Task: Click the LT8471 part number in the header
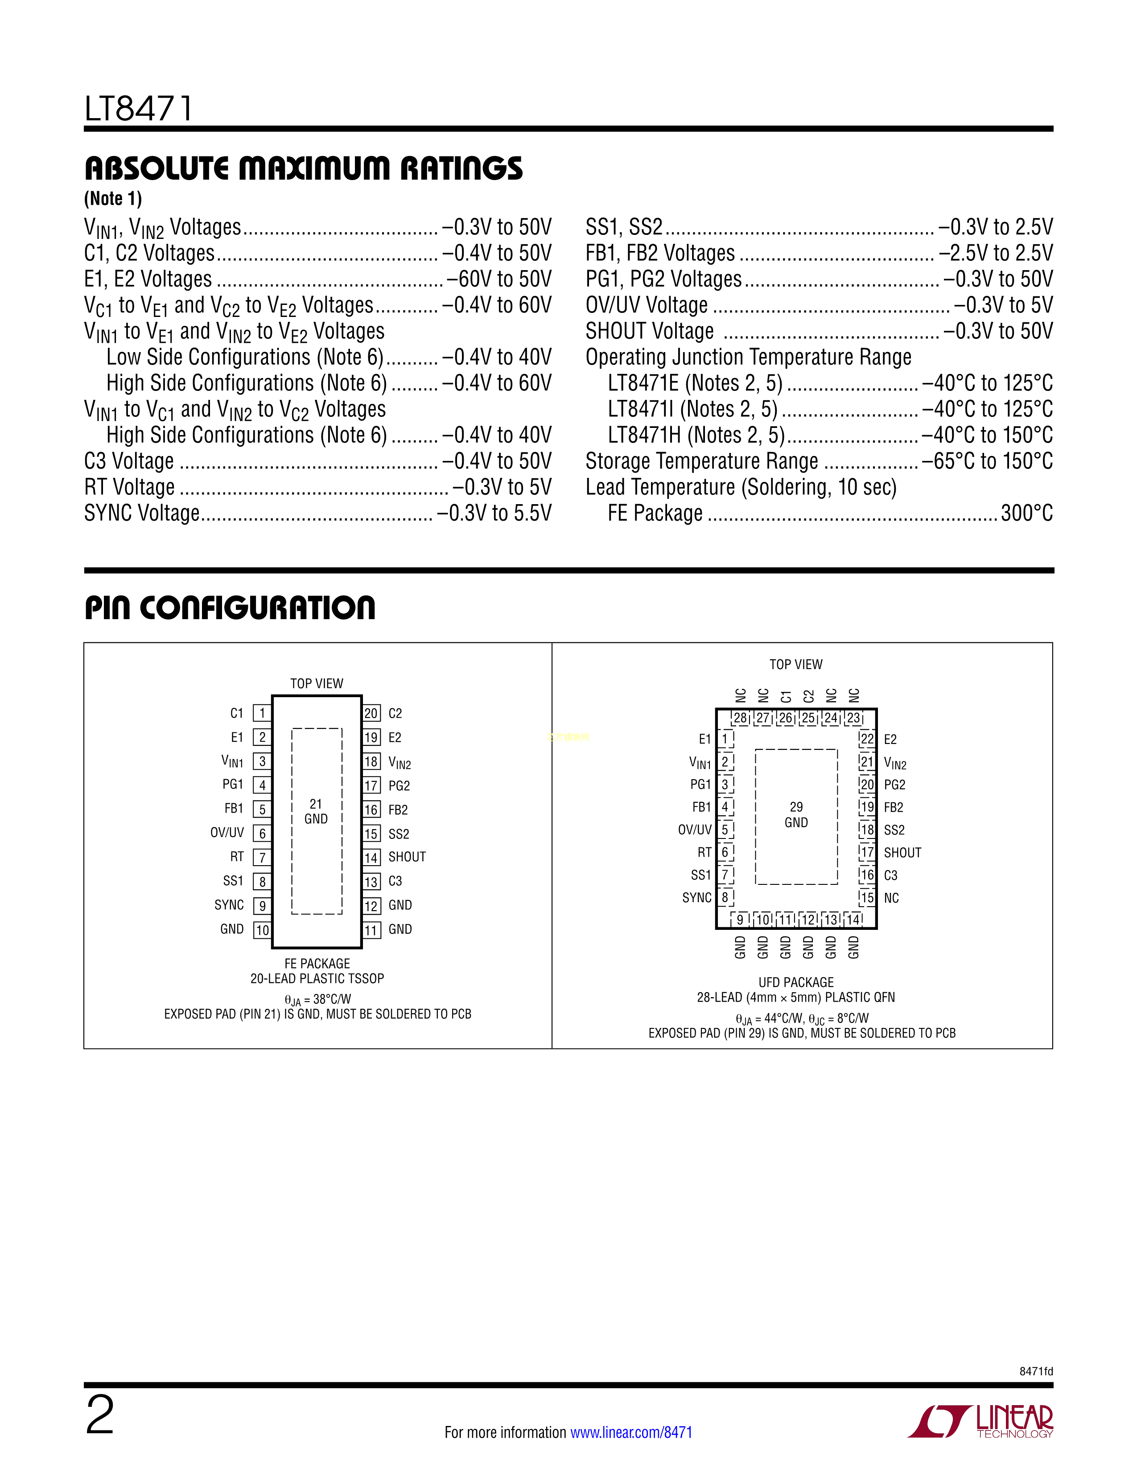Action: pyautogui.click(x=139, y=108)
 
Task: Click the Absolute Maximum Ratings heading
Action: pyautogui.click(x=303, y=168)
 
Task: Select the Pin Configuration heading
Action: pyautogui.click(x=230, y=608)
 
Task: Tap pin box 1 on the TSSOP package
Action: pyautogui.click(x=262, y=713)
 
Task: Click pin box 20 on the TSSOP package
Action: pyautogui.click(x=371, y=713)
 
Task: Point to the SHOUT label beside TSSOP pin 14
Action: pyautogui.click(x=407, y=857)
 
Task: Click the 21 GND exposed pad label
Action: pyautogui.click(x=316, y=812)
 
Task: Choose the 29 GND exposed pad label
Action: pyautogui.click(x=796, y=815)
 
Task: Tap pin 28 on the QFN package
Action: pyautogui.click(x=740, y=718)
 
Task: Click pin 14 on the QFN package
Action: pyautogui.click(x=853, y=919)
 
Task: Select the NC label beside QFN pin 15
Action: pyautogui.click(x=891, y=898)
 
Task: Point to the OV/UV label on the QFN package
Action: pyautogui.click(x=694, y=830)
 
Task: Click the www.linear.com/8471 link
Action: pyautogui.click(x=631, y=1432)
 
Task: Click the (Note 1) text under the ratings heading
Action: pyautogui.click(x=113, y=199)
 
